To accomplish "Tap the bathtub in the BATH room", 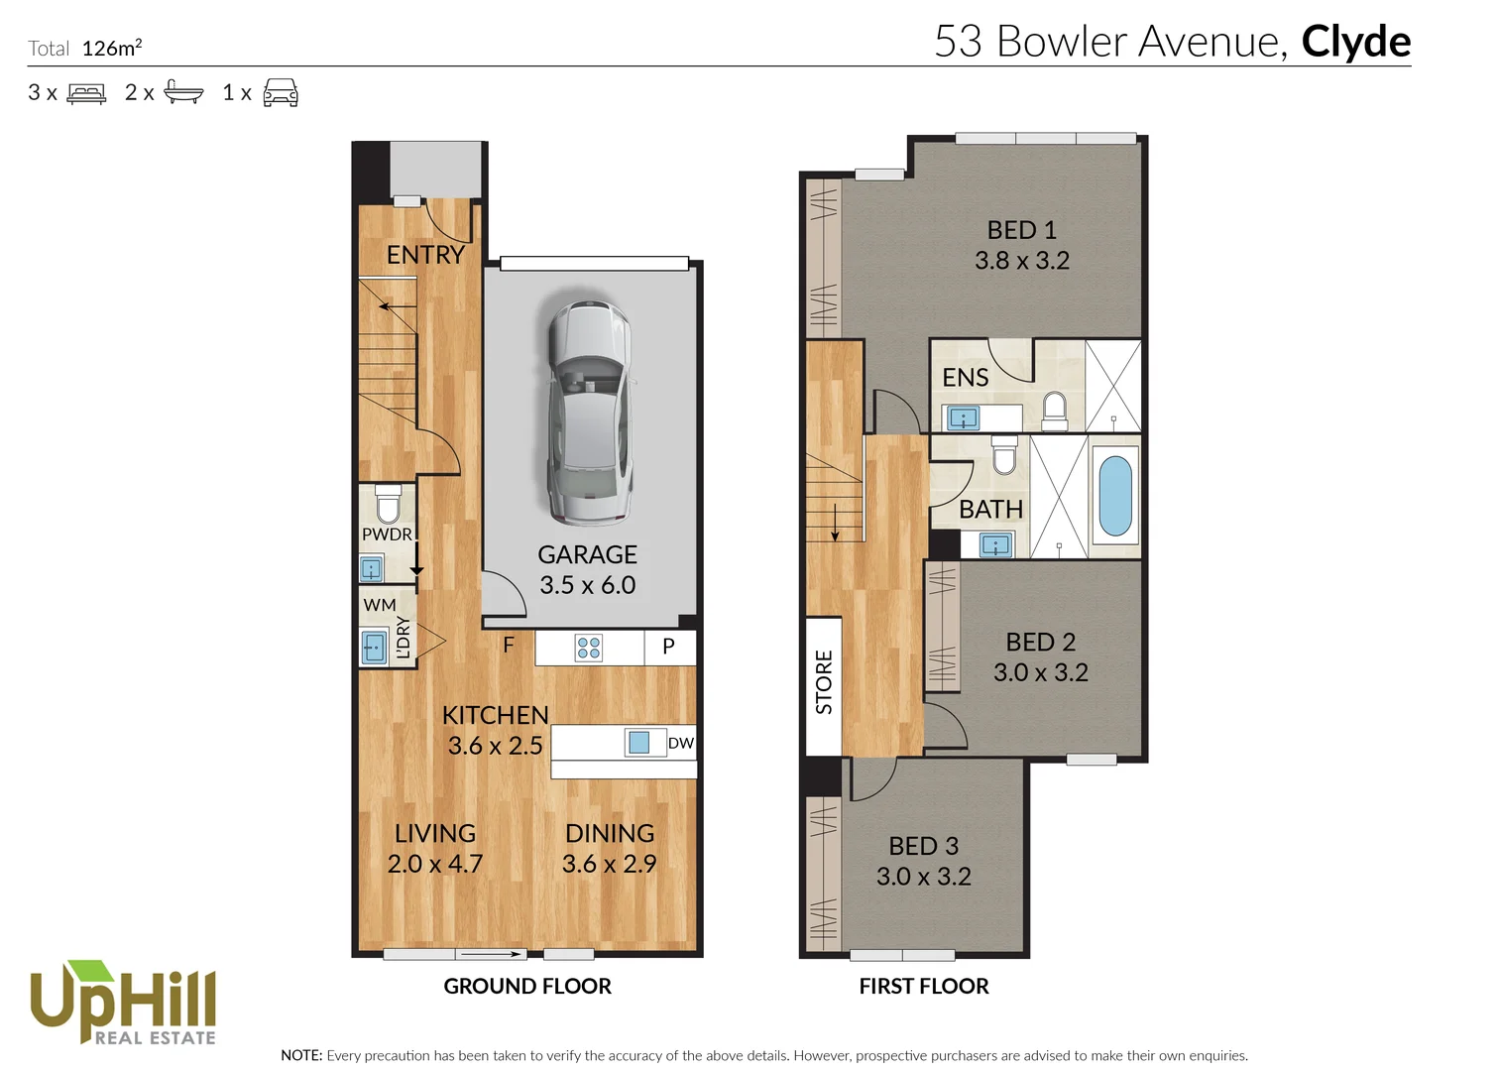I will (1115, 496).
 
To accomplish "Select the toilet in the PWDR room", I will (387, 505).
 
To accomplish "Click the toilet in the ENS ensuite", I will (1054, 410).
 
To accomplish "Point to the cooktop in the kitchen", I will (589, 648).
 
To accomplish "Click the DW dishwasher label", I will (680, 743).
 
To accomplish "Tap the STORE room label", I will (824, 682).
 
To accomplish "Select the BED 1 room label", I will (1021, 230).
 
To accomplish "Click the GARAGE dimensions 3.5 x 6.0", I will (587, 585).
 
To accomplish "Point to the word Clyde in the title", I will (1355, 42).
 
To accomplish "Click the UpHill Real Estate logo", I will (123, 1003).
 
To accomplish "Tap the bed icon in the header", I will (86, 93).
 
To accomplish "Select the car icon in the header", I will (281, 92).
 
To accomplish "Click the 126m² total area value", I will (111, 48).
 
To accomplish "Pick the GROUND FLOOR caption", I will (526, 986).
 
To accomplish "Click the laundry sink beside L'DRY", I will (374, 647).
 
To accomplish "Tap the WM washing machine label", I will (379, 605).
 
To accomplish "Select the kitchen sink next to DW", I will (639, 742).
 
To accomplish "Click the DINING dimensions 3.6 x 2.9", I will (609, 864).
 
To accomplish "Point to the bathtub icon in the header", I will (183, 92).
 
